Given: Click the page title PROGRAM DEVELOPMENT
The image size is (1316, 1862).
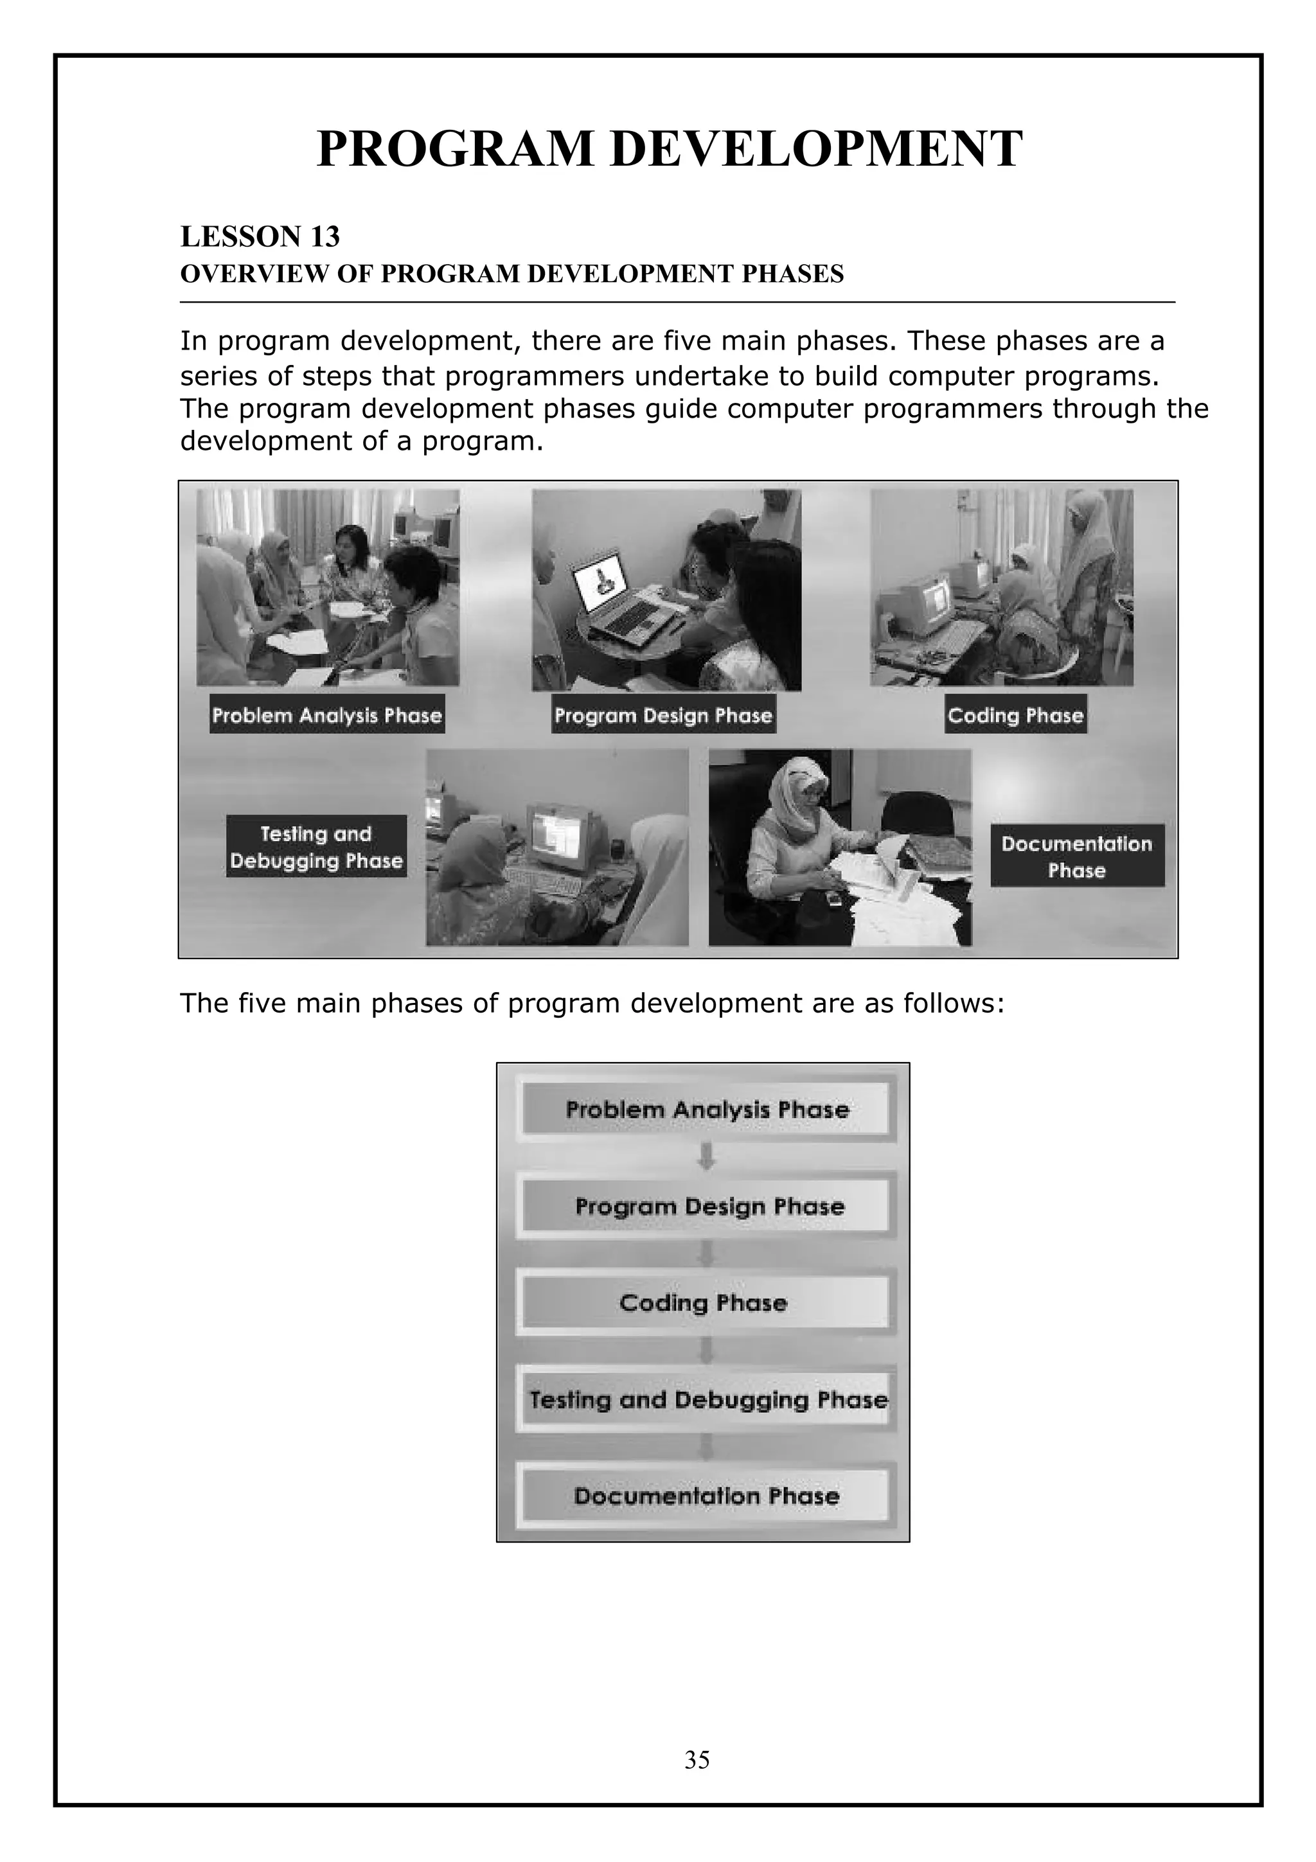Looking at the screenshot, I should [669, 148].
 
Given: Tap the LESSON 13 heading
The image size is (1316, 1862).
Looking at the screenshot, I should [260, 237].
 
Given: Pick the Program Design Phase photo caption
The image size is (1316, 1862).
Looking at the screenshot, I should [663, 715].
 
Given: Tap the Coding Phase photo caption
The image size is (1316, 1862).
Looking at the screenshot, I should [1015, 715].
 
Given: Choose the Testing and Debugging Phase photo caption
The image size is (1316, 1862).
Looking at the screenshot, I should [316, 847].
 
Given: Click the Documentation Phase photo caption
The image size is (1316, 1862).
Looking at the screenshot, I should [1077, 856].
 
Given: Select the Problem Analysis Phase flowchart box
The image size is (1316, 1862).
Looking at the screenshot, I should [706, 1110].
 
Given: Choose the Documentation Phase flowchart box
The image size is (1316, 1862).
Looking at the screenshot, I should [706, 1495].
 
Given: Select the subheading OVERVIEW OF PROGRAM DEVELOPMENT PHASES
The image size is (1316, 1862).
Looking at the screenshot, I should [511, 274].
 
